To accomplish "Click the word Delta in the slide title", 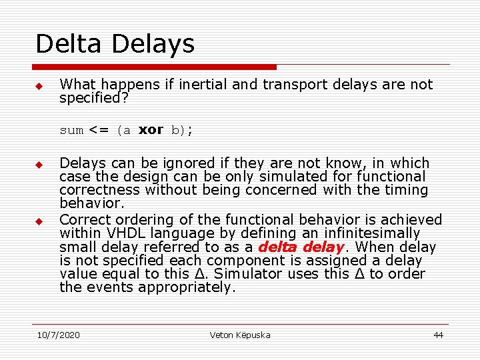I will pos(70,44).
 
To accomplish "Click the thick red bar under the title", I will pos(155,67).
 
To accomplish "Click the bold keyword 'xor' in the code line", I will pos(151,130).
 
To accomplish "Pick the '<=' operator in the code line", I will pos(99,131).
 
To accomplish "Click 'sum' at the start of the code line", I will pos(71,131).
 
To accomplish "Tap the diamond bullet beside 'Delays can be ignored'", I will pos(39,165).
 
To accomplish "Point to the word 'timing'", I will pos(403,190).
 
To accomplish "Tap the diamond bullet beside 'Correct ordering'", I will pos(39,221).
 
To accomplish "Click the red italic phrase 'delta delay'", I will pos(300,247).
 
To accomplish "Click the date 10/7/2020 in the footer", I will pos(58,335).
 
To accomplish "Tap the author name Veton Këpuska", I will pos(239,335).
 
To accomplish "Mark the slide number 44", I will pos(438,335).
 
